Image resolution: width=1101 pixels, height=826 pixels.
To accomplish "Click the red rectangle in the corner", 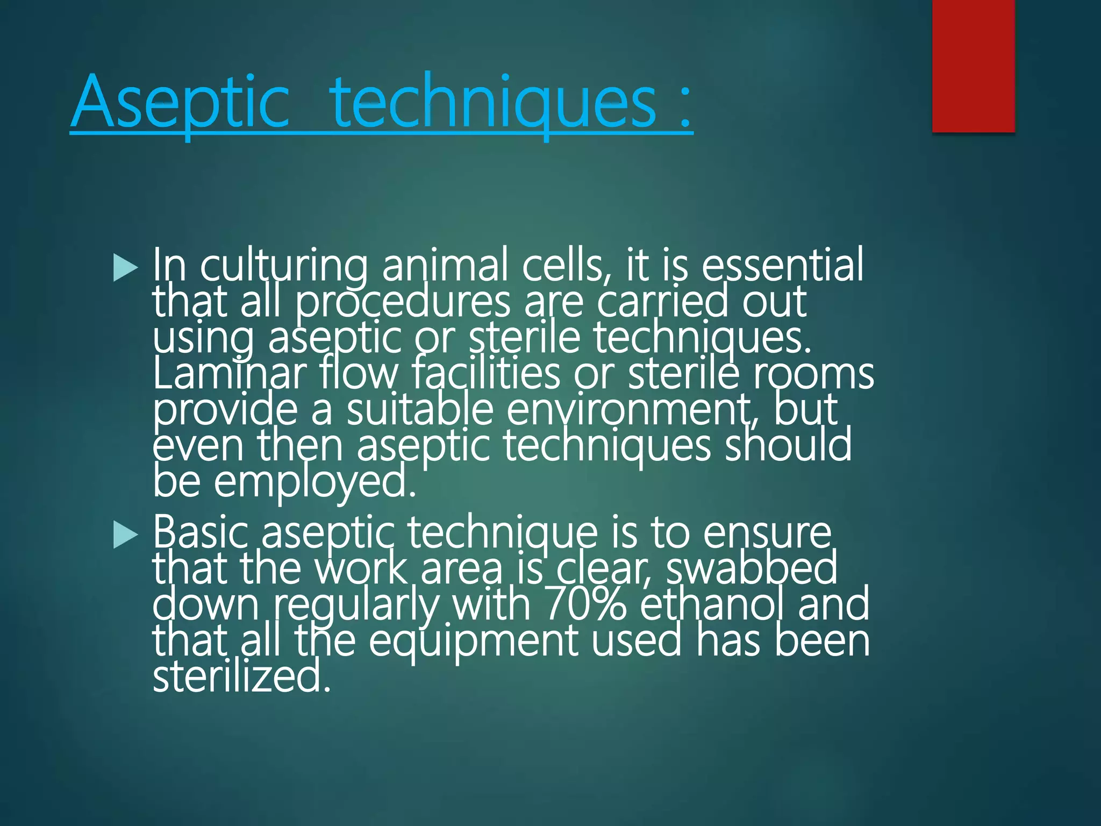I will (x=973, y=66).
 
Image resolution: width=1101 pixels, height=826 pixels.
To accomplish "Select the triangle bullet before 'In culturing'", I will (x=126, y=268).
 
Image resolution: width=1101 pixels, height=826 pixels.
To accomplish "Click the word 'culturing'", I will (x=284, y=266).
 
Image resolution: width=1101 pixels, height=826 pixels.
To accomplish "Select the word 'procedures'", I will (x=403, y=302).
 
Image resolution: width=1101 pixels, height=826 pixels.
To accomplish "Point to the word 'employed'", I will (x=315, y=482).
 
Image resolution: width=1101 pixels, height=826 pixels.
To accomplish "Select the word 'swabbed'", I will (x=752, y=568).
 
